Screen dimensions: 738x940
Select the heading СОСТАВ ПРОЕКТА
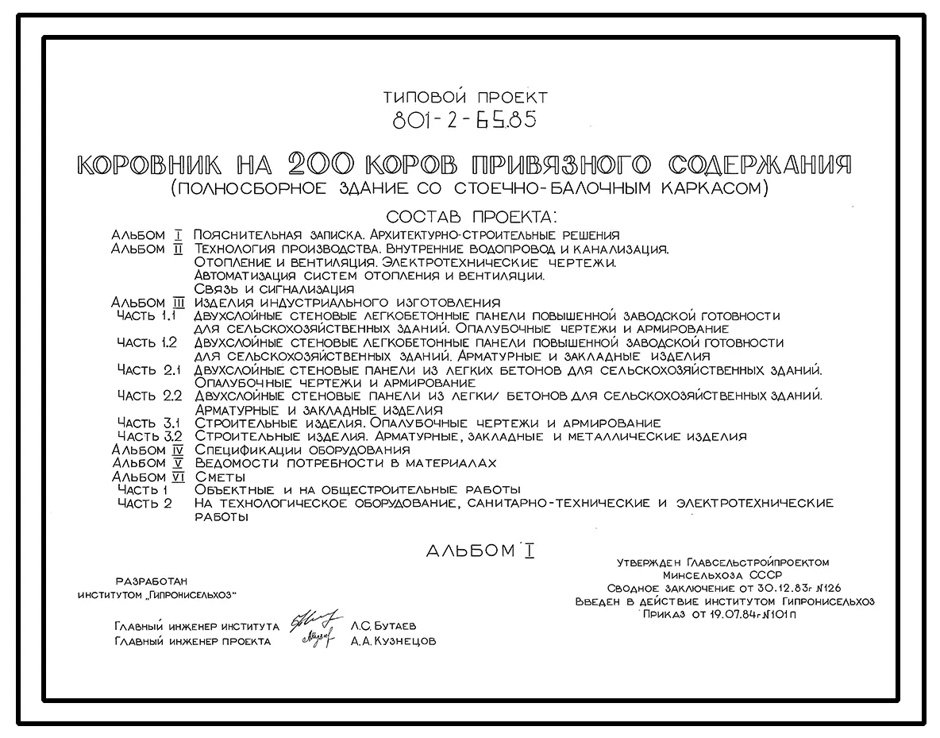click(472, 216)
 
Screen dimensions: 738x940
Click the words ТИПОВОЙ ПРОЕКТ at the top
click(465, 98)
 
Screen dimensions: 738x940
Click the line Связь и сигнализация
click(274, 289)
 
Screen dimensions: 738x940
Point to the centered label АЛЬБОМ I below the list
click(480, 551)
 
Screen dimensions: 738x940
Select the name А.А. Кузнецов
click(393, 642)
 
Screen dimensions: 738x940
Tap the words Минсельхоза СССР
click(722, 575)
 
